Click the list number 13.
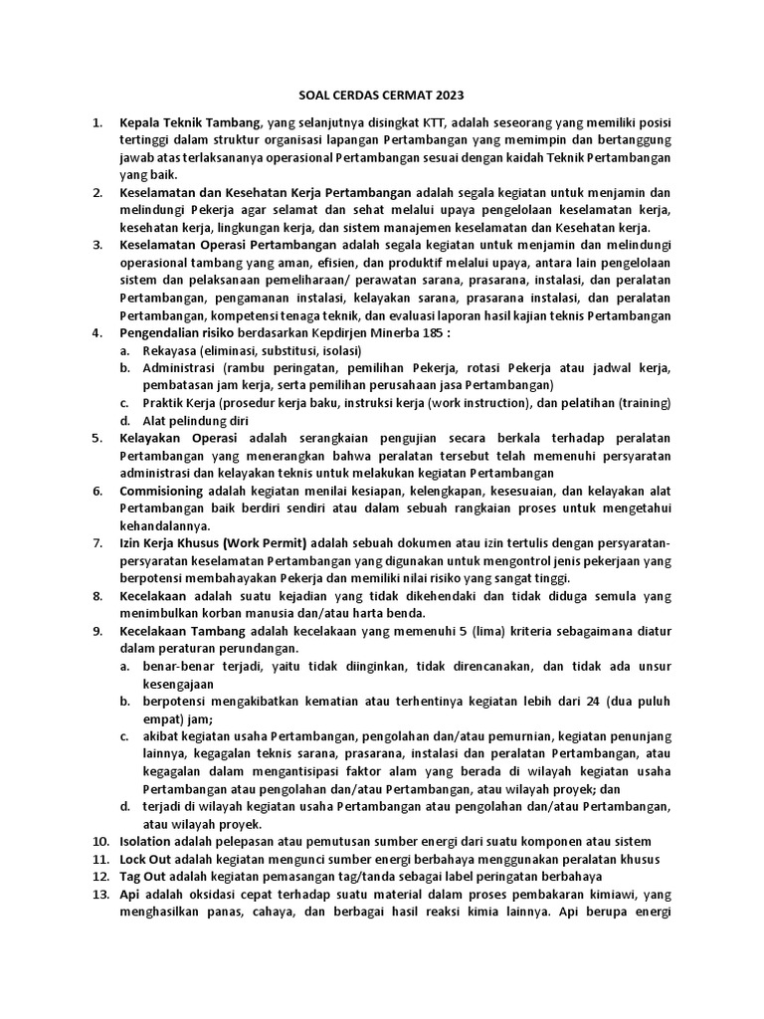[x=99, y=894]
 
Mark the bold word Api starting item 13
[x=131, y=894]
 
